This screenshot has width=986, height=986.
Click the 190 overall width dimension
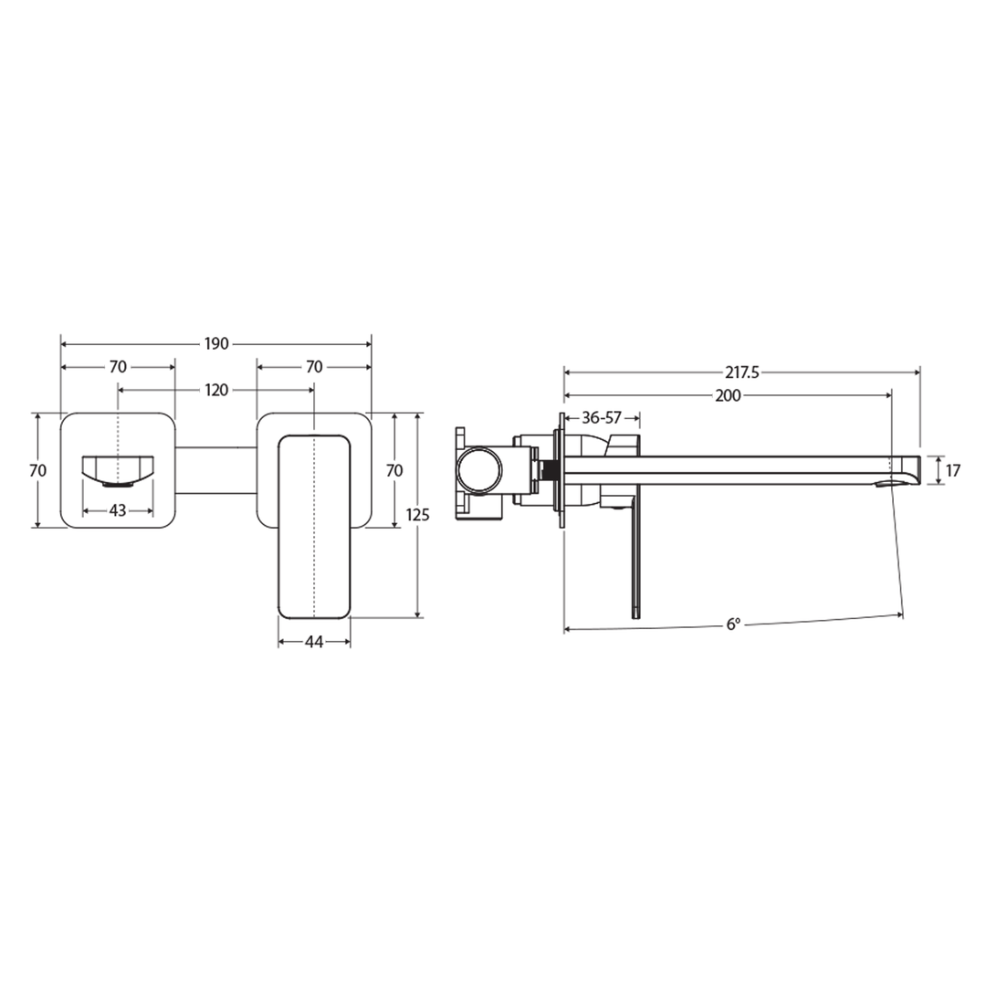(215, 344)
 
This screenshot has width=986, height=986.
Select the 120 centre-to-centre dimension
(215, 390)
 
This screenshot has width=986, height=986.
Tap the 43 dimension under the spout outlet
(118, 511)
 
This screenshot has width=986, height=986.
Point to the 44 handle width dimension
(314, 642)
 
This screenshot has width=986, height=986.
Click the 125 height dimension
(417, 515)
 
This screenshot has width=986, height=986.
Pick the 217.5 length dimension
(742, 372)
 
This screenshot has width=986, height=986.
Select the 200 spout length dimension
(729, 395)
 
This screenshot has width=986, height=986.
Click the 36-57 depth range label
(601, 417)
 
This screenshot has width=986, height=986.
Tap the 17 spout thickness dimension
(953, 471)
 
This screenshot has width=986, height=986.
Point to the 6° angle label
(733, 624)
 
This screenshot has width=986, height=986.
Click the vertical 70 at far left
(37, 470)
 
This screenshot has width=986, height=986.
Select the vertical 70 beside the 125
(394, 470)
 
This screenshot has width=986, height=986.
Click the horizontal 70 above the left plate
(118, 367)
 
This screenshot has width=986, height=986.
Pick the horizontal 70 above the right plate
(314, 367)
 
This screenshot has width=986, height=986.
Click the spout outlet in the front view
(118, 469)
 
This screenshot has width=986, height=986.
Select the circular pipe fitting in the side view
(479, 471)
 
